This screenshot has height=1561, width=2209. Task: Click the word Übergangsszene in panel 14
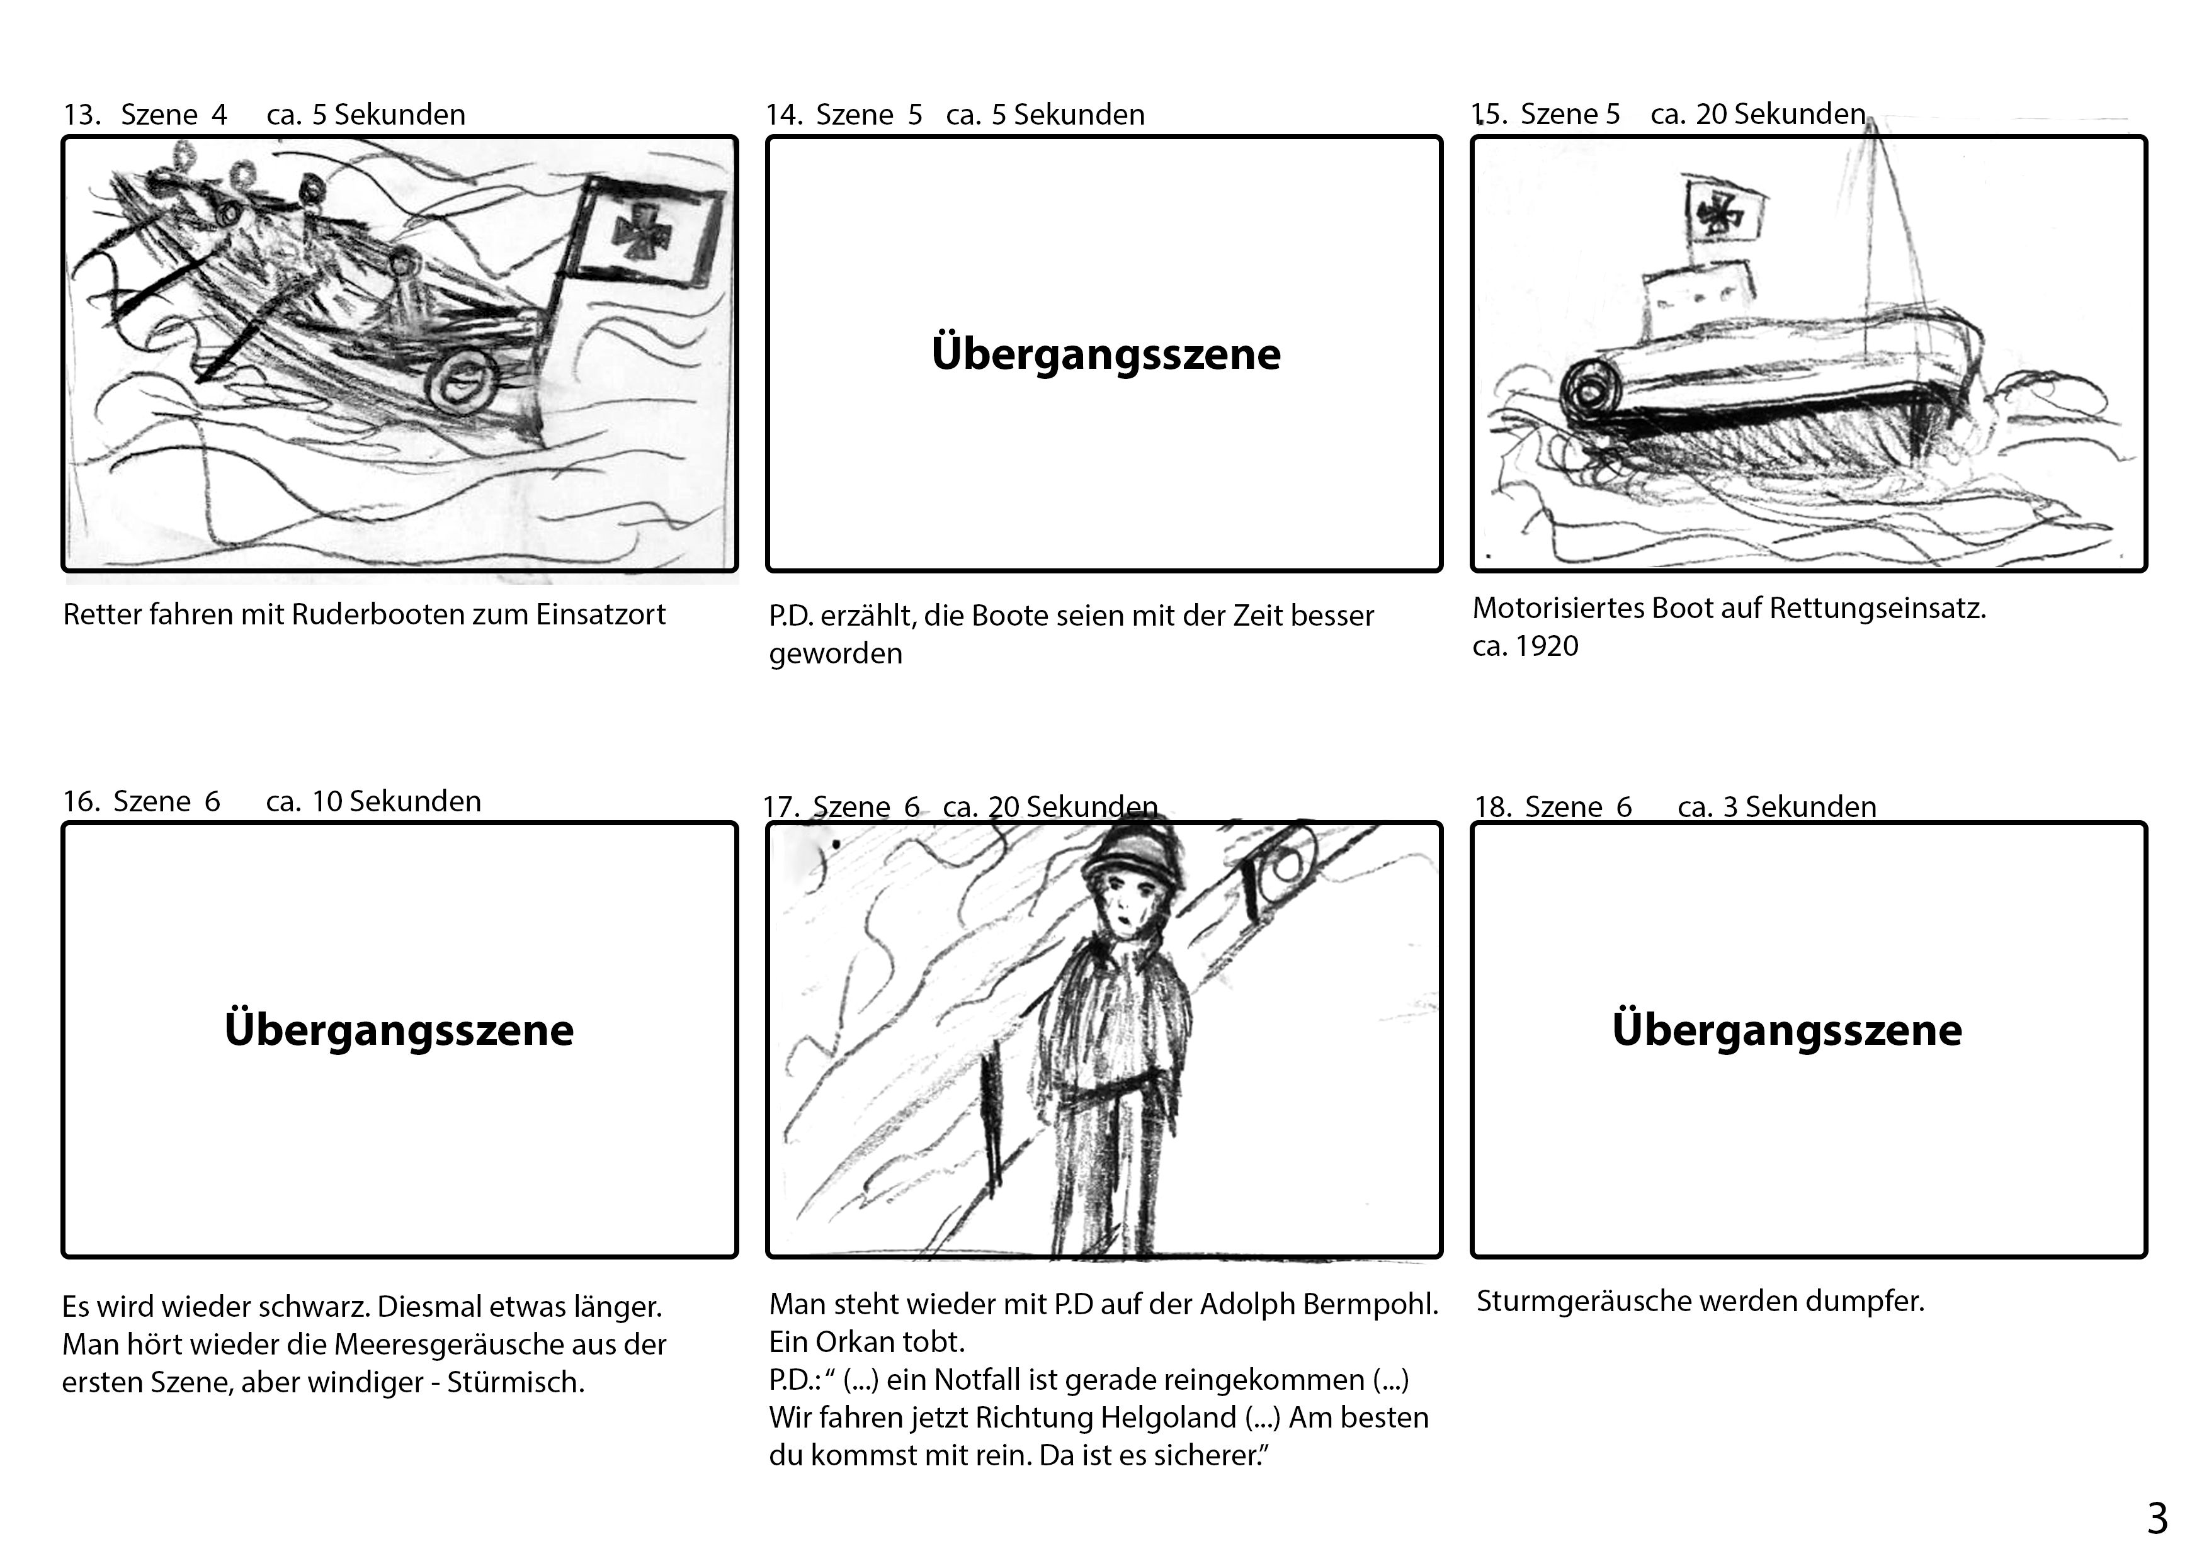tap(1106, 353)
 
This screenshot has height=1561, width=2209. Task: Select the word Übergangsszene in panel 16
tap(399, 1029)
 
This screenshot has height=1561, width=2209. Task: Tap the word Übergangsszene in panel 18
tap(1786, 1029)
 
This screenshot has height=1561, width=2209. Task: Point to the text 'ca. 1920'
tap(1525, 646)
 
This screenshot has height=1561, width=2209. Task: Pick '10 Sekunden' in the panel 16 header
tap(395, 801)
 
